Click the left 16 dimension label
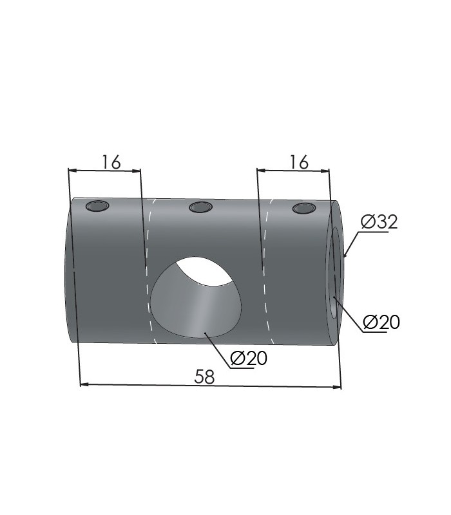pyautogui.click(x=111, y=162)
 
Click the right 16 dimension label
pyautogui.click(x=299, y=162)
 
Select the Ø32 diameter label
pyautogui.click(x=379, y=222)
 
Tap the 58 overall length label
pyautogui.click(x=204, y=377)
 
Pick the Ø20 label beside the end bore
pyautogui.click(x=381, y=322)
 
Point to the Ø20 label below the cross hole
pyautogui.click(x=249, y=358)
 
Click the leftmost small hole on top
pyautogui.click(x=97, y=206)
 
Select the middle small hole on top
pyautogui.click(x=201, y=207)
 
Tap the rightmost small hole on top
pyautogui.click(x=304, y=209)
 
